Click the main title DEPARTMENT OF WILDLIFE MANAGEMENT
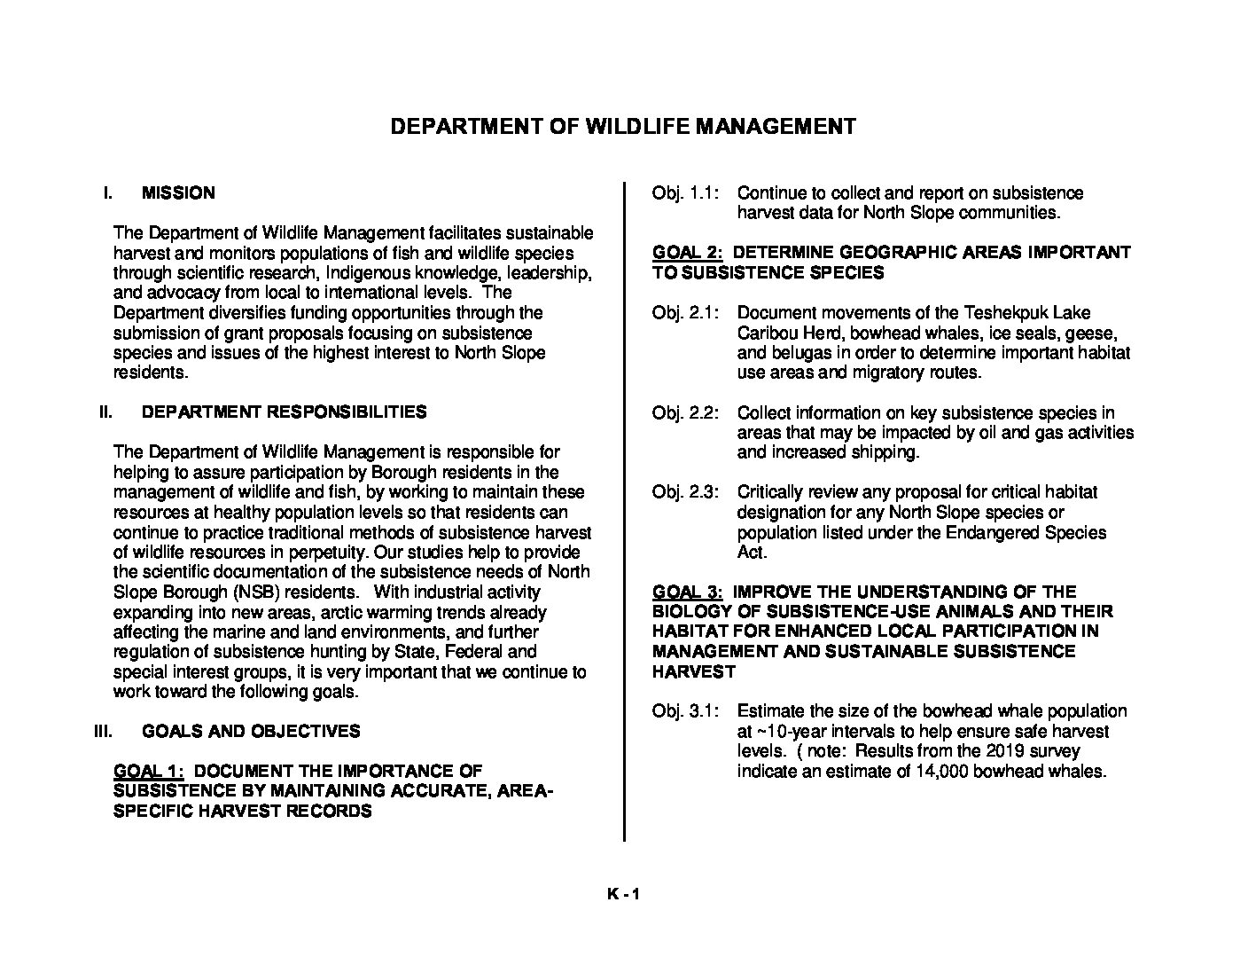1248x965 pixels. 623,126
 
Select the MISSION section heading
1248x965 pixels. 178,192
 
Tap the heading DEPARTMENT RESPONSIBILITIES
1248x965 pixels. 284,412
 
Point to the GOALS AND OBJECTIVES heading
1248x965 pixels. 251,731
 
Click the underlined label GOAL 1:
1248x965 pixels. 148,771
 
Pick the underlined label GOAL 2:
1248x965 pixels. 687,252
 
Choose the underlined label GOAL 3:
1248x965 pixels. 687,591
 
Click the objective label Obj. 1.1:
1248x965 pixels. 685,192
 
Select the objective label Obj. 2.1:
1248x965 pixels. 685,312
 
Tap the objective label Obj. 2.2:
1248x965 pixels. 685,412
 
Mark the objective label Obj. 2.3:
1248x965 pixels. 685,491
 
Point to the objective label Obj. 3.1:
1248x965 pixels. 685,710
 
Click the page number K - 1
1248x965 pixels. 623,894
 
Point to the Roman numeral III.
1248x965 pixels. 103,731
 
